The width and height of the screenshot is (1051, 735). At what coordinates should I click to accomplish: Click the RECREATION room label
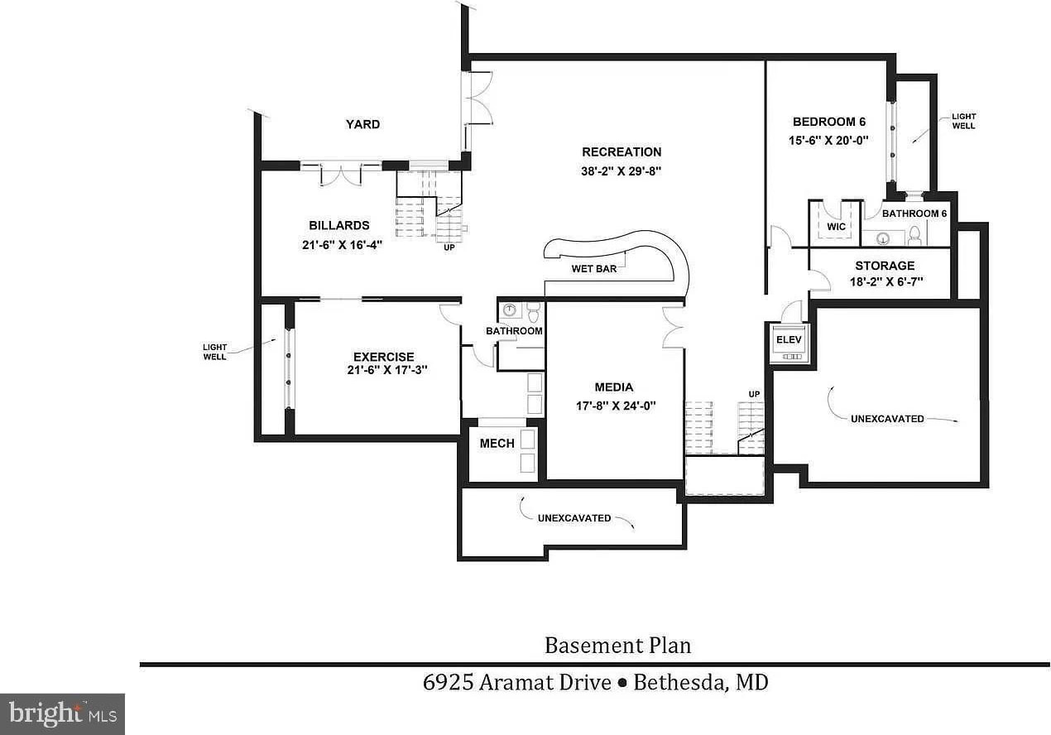[621, 152]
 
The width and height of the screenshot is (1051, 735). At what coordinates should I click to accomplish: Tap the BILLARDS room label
[339, 225]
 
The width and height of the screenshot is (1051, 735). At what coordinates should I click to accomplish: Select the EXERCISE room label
[384, 357]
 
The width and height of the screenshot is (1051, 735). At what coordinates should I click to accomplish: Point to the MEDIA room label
[614, 387]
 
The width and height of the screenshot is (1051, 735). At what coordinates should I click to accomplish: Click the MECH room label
[497, 444]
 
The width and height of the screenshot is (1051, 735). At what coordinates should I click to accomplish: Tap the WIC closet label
[836, 226]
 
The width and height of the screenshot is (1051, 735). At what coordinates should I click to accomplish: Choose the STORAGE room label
[885, 266]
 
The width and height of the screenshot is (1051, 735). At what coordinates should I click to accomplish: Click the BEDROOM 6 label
[828, 122]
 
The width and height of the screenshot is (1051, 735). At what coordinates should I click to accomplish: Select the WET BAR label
[594, 269]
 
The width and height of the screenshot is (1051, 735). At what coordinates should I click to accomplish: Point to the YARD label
[362, 124]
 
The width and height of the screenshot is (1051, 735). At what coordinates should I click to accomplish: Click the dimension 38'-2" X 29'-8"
[621, 172]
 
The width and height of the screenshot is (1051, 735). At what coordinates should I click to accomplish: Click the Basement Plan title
[617, 645]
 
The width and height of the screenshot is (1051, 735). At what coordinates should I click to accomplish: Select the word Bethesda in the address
[677, 683]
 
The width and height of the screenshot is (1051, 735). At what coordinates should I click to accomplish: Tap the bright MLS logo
[62, 713]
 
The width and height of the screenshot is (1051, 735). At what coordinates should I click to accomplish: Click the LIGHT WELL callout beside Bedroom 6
[963, 121]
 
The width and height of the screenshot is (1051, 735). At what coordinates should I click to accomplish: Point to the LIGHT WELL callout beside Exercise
[214, 351]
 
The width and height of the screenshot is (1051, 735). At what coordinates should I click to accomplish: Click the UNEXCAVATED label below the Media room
[573, 518]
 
